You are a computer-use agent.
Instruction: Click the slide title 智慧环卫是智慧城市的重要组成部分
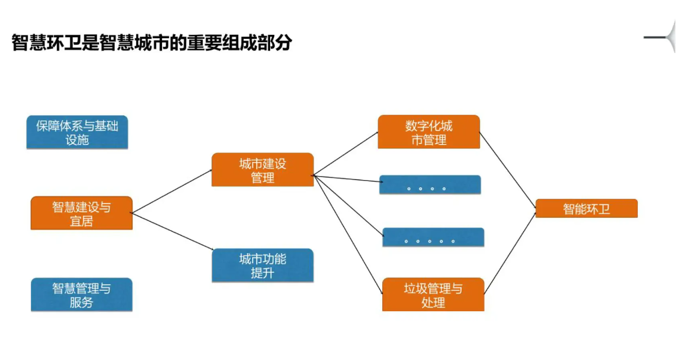[x=152, y=43]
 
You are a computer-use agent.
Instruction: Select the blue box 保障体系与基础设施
[x=77, y=132]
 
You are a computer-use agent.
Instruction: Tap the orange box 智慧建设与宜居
[x=82, y=213]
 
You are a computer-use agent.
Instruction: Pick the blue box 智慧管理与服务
[x=82, y=295]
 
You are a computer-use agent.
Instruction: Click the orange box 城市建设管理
[x=262, y=170]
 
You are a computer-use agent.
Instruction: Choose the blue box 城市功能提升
[x=262, y=265]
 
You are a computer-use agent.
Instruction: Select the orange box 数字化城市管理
[x=428, y=132]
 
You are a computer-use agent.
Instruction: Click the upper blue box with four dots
[x=430, y=185]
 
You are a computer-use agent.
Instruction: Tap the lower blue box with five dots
[x=433, y=237]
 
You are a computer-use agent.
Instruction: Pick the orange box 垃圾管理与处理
[x=433, y=295]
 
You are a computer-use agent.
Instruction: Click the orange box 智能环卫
[x=586, y=209]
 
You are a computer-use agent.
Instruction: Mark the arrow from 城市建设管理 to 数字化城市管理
[x=346, y=154]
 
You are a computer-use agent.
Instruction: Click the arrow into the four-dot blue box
[x=346, y=178]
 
